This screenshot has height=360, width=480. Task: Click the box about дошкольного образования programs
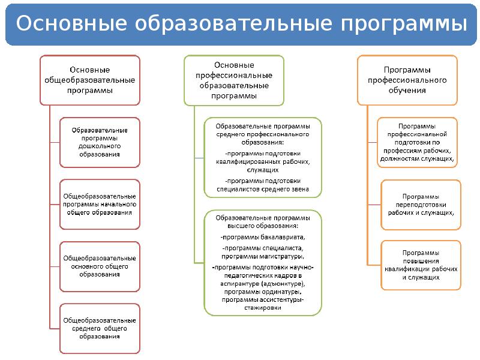100,142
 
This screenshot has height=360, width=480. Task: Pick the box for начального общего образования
100,204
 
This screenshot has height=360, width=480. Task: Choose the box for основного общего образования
100,266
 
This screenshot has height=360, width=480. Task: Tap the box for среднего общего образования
100,328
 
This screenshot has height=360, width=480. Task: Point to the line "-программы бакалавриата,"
263,237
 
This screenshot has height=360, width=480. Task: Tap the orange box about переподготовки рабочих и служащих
421,205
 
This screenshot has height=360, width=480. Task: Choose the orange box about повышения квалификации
421,265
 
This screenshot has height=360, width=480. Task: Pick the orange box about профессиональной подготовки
418,143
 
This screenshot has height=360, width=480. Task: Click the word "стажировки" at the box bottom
263,307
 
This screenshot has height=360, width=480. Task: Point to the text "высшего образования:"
263,226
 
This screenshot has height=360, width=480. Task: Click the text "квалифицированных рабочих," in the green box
263,161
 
